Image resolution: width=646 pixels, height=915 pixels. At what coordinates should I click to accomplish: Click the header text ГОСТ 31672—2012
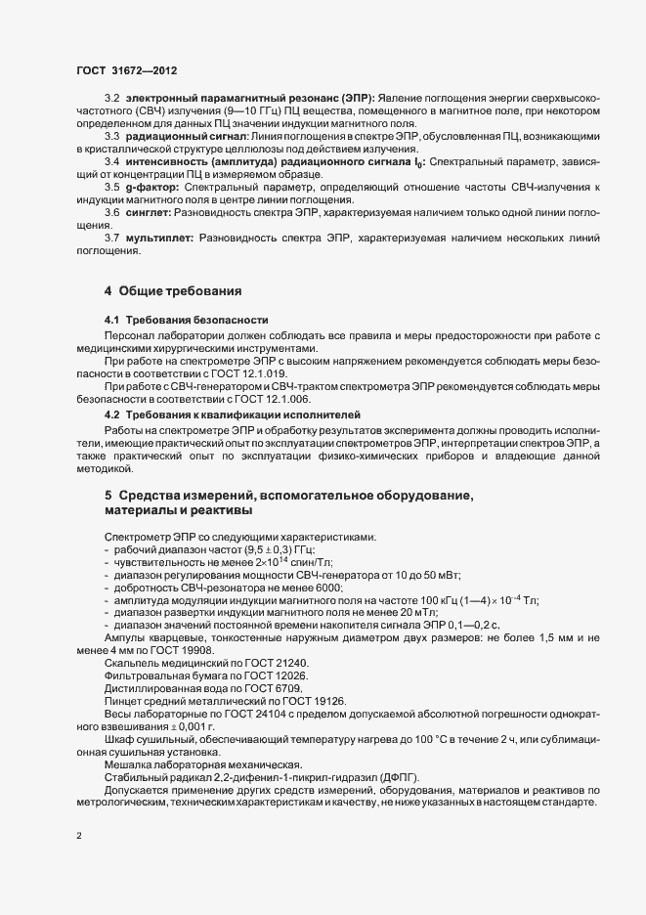point(120,71)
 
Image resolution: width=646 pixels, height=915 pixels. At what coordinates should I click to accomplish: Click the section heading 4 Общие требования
point(166,291)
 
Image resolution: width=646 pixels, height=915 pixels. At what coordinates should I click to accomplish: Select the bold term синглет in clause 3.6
point(148,212)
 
